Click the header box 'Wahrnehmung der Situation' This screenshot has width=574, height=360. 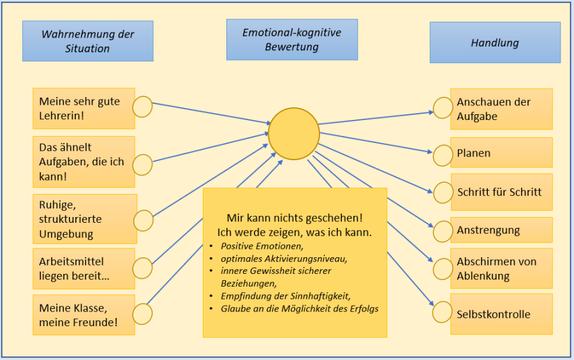point(88,41)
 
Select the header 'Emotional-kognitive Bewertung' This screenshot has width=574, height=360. point(291,40)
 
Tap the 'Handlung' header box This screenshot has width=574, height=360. point(495,43)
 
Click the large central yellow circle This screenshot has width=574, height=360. point(293,133)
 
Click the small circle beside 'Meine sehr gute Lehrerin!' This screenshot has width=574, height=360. point(142,107)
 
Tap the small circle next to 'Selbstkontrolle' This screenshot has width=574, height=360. point(443,313)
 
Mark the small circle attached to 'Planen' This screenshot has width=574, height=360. point(443,155)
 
